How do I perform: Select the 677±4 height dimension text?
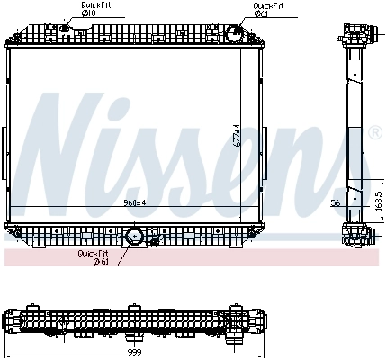pos(238,135)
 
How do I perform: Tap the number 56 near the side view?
pos(335,203)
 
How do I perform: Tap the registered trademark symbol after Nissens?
pos(374,133)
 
